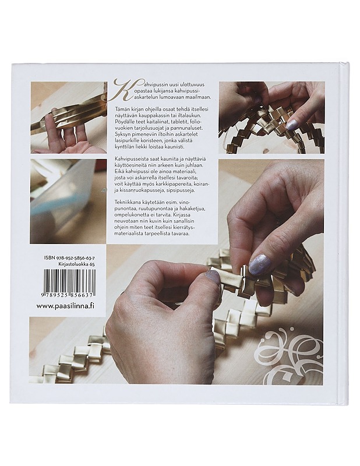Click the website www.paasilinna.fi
click(x=65, y=306)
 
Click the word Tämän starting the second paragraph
click(x=122, y=110)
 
